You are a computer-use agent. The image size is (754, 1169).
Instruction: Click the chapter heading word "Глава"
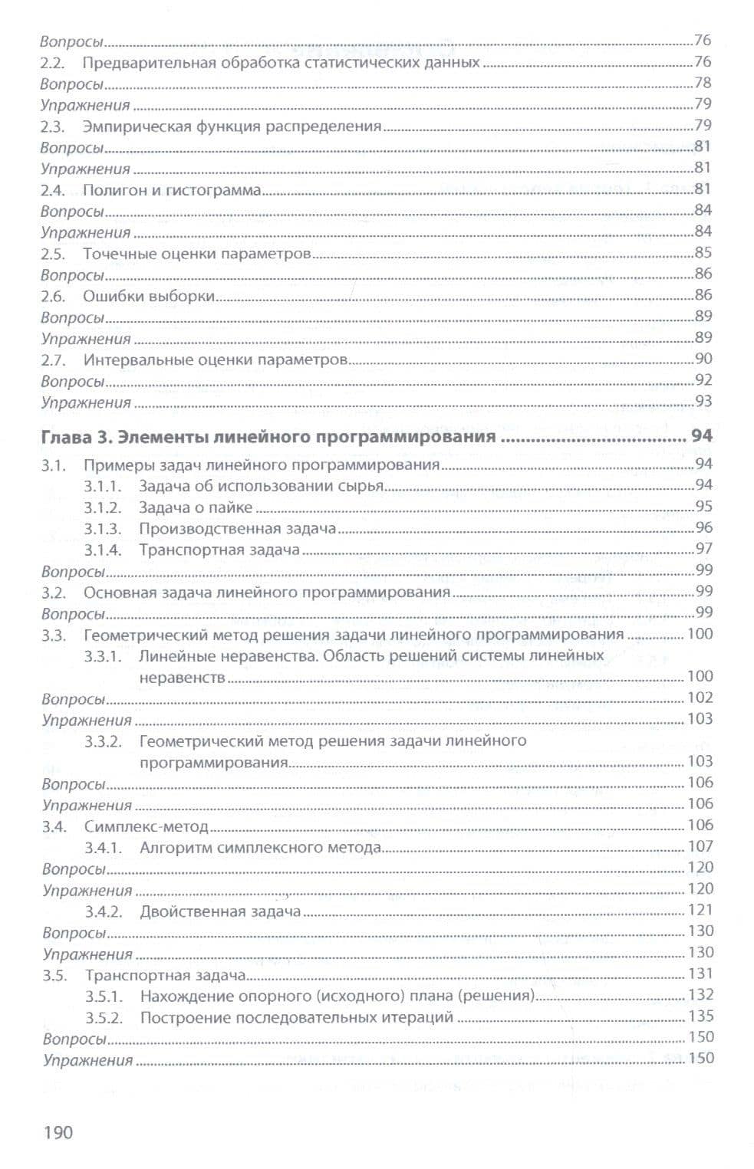[66, 437]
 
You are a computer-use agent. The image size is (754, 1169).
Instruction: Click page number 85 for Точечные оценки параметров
[703, 252]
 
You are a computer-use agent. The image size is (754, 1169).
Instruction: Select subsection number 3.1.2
[103, 507]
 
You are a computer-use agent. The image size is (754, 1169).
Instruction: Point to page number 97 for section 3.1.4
[703, 548]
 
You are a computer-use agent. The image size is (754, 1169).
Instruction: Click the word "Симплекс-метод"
[147, 826]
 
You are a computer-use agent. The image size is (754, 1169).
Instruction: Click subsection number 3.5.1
[104, 997]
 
